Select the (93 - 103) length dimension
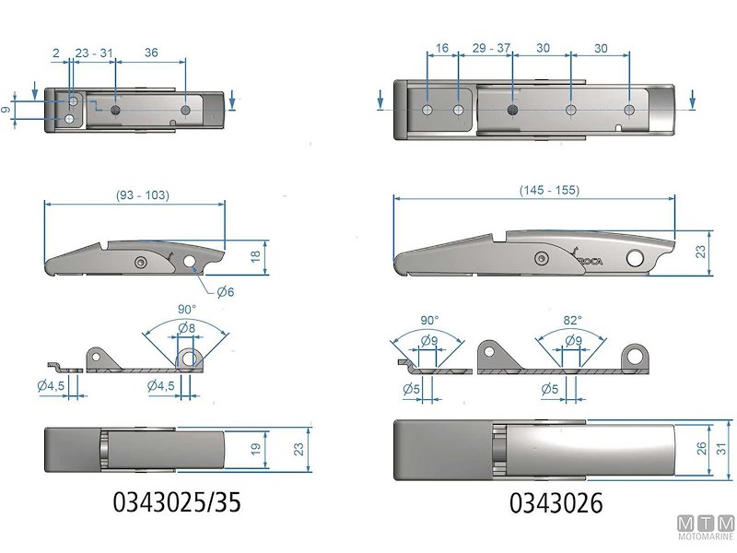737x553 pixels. [x=143, y=194]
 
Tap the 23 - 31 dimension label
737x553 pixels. [x=94, y=53]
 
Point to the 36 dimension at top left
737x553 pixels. [x=151, y=53]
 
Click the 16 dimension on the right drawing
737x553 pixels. [x=442, y=47]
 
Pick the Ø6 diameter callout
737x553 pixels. [x=227, y=293]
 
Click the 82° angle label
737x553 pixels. [x=573, y=320]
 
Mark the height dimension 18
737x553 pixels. [x=255, y=257]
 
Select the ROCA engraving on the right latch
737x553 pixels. [x=591, y=261]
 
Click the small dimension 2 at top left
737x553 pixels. [x=56, y=53]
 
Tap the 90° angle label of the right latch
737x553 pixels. [x=429, y=320]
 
